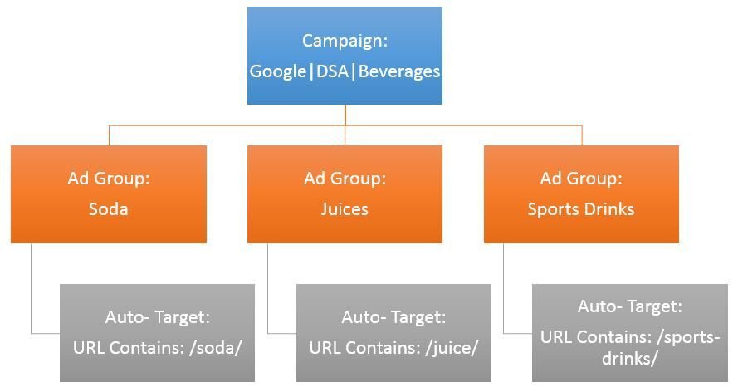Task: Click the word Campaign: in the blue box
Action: click(x=345, y=41)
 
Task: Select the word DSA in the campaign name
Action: click(x=334, y=71)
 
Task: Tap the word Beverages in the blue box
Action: click(x=399, y=71)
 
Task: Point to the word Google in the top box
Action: click(x=277, y=71)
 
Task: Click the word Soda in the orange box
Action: click(x=108, y=209)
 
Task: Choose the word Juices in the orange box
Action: click(x=345, y=209)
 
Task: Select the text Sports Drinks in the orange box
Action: click(x=580, y=209)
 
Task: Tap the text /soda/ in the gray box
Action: click(x=214, y=347)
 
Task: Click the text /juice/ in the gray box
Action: click(x=452, y=347)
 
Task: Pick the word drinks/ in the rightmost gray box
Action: click(x=630, y=359)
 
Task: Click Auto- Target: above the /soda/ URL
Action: click(x=157, y=317)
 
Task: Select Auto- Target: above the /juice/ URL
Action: click(x=393, y=317)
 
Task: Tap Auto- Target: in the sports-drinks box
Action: click(x=629, y=306)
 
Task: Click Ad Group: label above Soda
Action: click(x=108, y=179)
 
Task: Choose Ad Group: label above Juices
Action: click(x=345, y=179)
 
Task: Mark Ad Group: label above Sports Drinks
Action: click(x=580, y=179)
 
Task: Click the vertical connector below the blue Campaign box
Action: click(x=345, y=115)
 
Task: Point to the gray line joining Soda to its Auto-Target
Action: click(x=32, y=291)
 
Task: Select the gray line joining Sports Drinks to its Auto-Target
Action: click(x=505, y=291)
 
